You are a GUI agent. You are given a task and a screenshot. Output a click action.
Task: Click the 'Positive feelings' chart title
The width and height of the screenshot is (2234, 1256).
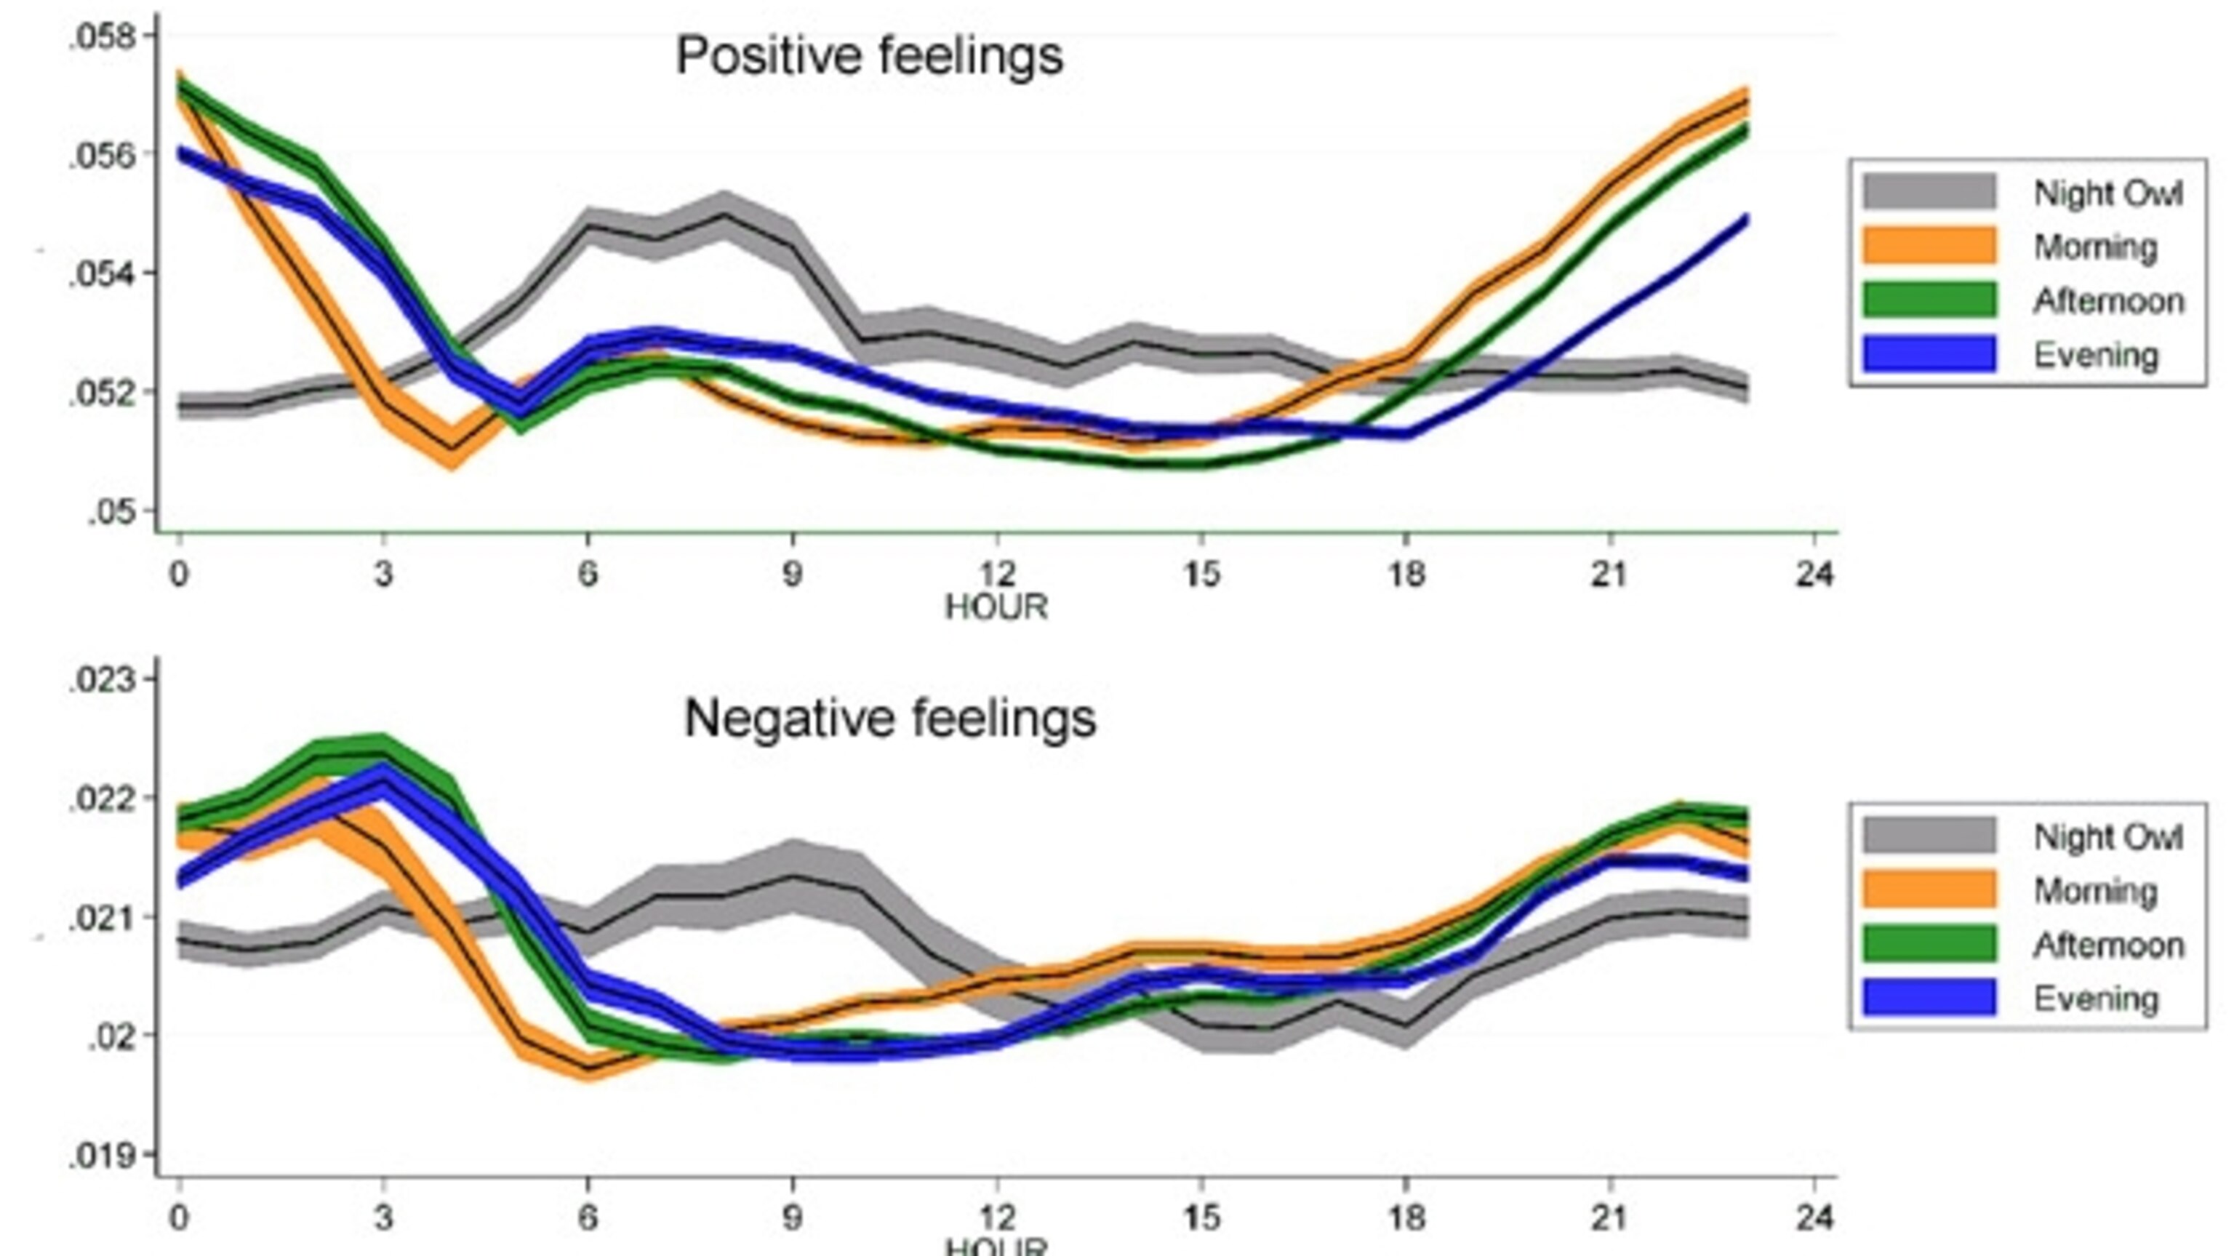869,57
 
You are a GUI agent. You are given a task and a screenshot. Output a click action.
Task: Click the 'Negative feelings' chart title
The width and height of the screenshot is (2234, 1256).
890,719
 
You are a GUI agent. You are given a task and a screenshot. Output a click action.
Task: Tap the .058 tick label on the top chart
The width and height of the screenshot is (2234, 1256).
103,37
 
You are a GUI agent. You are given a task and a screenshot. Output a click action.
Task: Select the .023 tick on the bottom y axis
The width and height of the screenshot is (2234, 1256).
103,680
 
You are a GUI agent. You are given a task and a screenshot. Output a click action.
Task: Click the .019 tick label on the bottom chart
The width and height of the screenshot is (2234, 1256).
103,1156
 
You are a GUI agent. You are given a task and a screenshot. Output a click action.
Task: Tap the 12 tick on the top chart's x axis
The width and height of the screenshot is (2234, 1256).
996,575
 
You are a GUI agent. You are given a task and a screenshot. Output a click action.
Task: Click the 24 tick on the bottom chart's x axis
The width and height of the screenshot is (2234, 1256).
1814,1219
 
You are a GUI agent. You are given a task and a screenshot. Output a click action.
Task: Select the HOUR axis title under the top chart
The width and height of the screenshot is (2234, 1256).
996,607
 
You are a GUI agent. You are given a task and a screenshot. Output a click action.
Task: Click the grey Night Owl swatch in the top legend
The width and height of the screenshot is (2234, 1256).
1929,192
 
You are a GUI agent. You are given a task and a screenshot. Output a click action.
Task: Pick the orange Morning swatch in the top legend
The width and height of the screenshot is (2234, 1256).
1929,246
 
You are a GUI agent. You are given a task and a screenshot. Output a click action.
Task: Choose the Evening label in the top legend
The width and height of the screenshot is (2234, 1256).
2095,356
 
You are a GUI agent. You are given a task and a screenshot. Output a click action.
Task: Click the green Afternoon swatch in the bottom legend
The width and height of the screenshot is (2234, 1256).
1929,944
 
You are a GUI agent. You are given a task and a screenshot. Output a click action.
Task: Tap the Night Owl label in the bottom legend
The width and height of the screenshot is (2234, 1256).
2107,837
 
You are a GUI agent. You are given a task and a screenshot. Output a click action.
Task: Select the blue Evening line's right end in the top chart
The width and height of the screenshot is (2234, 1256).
1745,220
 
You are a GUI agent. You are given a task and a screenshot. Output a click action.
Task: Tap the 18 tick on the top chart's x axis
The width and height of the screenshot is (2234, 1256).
1406,575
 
